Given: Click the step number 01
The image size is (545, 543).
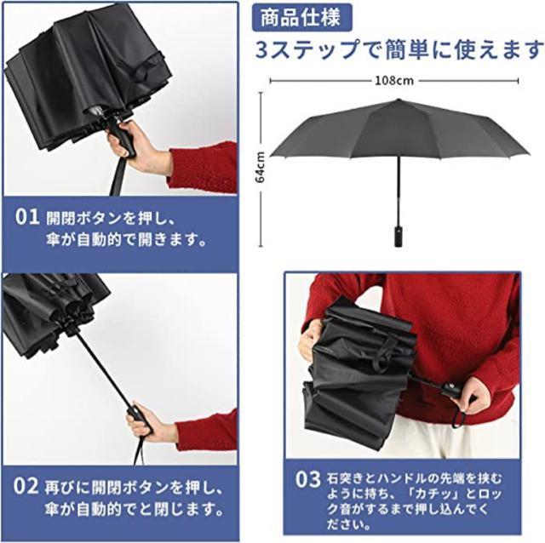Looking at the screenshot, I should click(27, 217).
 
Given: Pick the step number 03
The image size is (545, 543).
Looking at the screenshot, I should click(307, 478).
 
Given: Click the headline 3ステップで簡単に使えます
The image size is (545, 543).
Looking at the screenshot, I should click(399, 49).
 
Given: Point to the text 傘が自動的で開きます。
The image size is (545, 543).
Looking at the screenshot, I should click(127, 239).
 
